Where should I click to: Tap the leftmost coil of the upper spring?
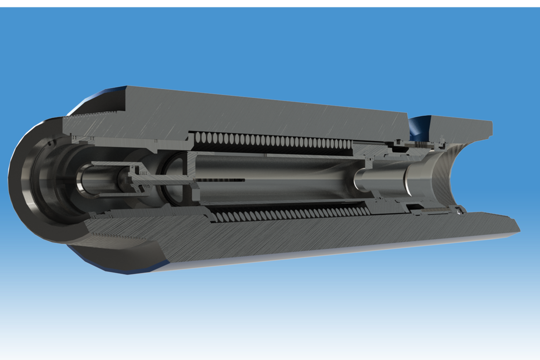199,137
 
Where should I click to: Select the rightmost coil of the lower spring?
365,211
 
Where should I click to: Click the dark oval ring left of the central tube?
173,180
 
